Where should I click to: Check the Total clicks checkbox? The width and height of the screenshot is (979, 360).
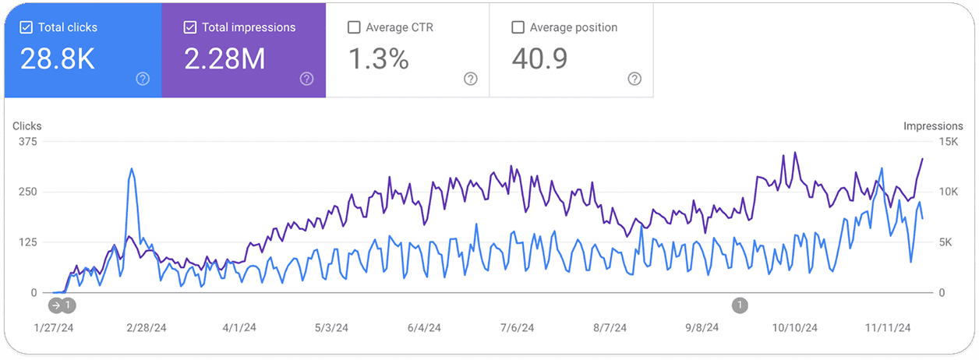(27, 27)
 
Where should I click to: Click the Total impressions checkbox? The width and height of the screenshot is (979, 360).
(189, 27)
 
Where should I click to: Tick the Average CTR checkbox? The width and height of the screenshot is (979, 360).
(353, 27)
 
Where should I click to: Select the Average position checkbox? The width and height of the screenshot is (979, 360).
(518, 27)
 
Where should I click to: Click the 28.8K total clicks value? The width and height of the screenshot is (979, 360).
(58, 58)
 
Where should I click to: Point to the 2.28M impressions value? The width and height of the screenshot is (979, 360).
(224, 58)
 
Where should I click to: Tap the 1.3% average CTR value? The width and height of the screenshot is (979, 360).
(378, 58)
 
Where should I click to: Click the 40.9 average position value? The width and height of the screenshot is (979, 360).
(539, 58)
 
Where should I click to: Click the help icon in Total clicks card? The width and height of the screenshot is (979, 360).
(143, 79)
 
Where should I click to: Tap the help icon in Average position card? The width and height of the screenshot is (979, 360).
(634, 79)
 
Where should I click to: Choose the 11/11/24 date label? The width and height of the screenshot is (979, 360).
(888, 328)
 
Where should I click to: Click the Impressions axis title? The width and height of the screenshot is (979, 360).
(933, 125)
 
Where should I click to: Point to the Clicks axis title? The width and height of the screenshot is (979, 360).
(27, 125)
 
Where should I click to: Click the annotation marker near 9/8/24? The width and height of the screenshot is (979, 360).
(740, 305)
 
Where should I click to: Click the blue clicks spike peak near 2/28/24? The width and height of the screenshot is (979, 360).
(132, 168)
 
